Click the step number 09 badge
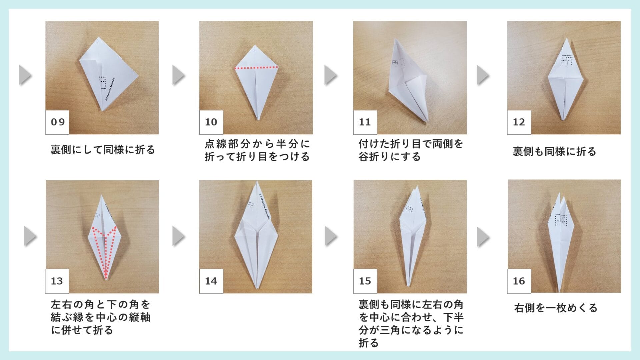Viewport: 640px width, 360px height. [x=57, y=122]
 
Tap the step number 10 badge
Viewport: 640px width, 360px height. [x=211, y=122]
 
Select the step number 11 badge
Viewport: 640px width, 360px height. [x=365, y=122]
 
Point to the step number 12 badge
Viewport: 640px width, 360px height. [x=519, y=122]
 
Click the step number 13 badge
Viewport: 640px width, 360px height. [x=57, y=281]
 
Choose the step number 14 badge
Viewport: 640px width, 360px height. [x=211, y=281]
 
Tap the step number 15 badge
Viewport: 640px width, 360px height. [x=365, y=281]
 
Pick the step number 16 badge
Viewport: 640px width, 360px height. [x=519, y=281]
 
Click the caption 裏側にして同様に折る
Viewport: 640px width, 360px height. [x=103, y=150]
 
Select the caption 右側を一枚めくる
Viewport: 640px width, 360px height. [x=556, y=308]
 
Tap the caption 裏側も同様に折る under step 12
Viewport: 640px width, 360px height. [x=554, y=152]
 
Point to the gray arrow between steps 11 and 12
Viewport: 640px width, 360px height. [x=483, y=75]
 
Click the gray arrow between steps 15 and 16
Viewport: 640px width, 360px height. [x=483, y=237]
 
